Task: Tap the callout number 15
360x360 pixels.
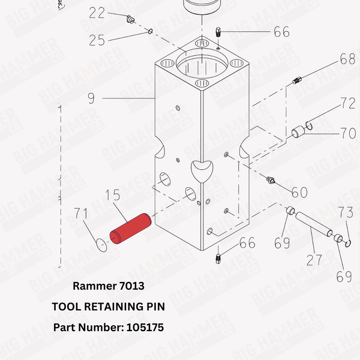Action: (114, 196)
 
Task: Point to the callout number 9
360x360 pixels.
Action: (91, 98)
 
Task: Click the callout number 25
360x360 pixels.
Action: (97, 40)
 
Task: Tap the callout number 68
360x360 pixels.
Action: (347, 59)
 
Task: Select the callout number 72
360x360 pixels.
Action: (347, 103)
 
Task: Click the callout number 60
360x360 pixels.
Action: (299, 192)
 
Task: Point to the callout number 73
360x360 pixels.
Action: (346, 213)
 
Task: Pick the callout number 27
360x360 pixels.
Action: (314, 260)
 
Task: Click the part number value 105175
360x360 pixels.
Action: (145, 328)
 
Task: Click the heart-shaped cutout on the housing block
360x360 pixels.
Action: (200, 170)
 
